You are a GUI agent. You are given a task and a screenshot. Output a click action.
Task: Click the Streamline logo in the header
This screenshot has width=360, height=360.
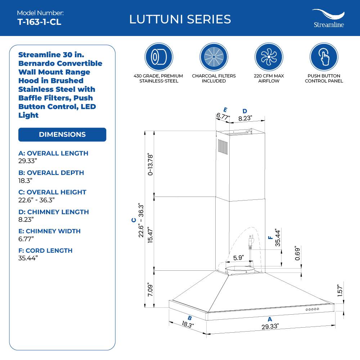tap(328, 18)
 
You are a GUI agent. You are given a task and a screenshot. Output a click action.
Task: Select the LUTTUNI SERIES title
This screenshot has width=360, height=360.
tap(180, 19)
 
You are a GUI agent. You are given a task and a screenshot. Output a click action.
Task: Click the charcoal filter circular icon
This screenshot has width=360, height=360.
tap(213, 57)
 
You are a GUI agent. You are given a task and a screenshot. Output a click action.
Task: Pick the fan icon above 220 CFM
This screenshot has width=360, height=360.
tap(269, 57)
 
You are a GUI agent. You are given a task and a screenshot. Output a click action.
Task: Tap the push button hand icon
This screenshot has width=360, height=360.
tap(324, 57)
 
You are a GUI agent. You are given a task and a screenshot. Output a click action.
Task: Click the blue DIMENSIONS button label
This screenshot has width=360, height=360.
tap(62, 135)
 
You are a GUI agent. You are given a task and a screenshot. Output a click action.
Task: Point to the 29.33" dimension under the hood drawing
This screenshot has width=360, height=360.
tap(270, 327)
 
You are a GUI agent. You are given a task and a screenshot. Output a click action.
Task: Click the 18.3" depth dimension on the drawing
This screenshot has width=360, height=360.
tap(188, 324)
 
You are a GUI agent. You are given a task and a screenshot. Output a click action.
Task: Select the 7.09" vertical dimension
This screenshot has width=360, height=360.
tap(151, 290)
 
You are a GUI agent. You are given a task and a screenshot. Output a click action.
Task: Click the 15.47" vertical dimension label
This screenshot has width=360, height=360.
tap(151, 233)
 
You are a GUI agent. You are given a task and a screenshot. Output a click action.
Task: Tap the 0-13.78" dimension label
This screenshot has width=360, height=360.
tap(151, 164)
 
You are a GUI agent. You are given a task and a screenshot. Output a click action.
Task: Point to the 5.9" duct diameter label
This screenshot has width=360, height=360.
tap(239, 258)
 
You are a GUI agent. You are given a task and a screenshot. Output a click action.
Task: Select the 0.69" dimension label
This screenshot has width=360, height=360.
tap(297, 254)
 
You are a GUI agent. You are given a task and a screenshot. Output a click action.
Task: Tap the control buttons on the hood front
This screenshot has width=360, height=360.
tap(312, 310)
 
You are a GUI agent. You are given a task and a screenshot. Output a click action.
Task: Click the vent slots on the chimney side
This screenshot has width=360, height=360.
tap(221, 148)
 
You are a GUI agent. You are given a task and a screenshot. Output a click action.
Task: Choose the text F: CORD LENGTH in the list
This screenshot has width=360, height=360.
tap(45, 251)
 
